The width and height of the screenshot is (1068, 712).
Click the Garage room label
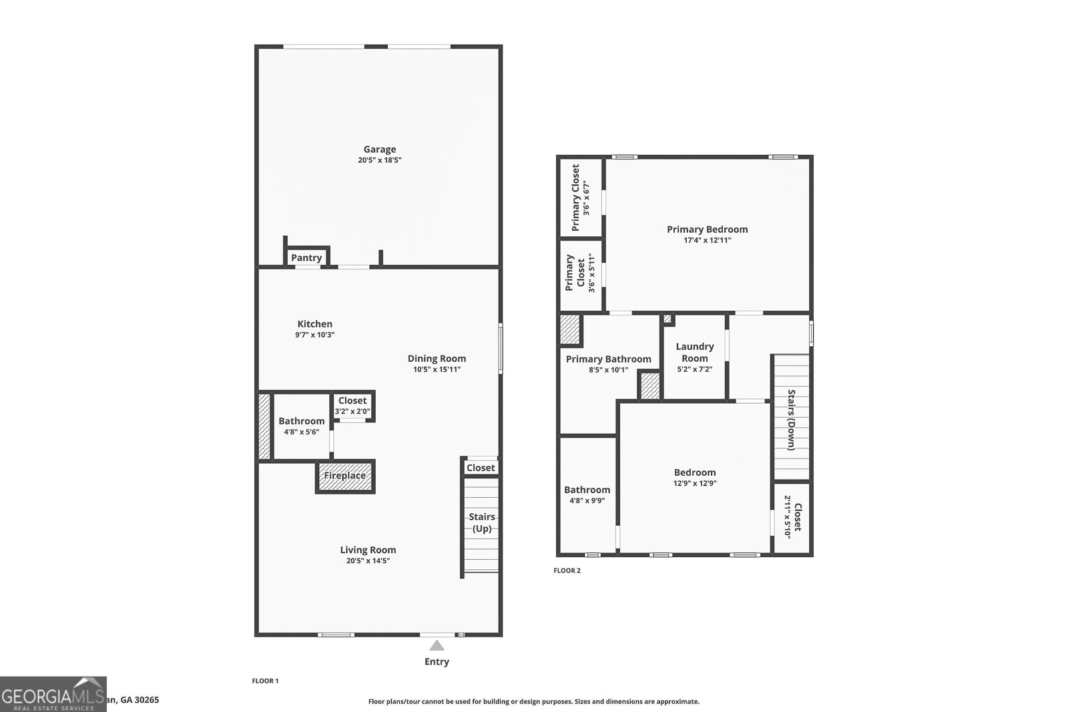(379, 149)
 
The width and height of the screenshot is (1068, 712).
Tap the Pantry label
(306, 258)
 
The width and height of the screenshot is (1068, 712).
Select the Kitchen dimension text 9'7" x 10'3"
(314, 335)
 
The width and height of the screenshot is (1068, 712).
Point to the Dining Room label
(437, 358)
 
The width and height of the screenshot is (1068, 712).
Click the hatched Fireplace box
(345, 476)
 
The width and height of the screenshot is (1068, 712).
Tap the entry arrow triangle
(437, 645)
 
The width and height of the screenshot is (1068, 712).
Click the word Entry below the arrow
(437, 662)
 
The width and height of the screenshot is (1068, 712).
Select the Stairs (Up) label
(481, 522)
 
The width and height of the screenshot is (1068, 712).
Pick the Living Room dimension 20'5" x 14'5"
(368, 561)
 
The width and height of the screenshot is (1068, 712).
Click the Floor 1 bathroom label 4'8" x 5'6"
(301, 432)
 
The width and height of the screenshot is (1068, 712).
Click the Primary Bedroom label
(707, 230)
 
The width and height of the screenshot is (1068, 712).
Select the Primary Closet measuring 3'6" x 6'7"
(580, 198)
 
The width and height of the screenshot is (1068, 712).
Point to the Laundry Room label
(694, 352)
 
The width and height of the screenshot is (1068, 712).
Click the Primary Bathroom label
(608, 359)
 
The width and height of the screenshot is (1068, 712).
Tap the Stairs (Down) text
(791, 420)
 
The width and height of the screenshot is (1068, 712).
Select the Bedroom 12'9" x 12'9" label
(694, 472)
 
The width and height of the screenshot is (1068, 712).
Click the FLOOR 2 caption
(567, 571)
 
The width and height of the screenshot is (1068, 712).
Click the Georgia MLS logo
(53, 694)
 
